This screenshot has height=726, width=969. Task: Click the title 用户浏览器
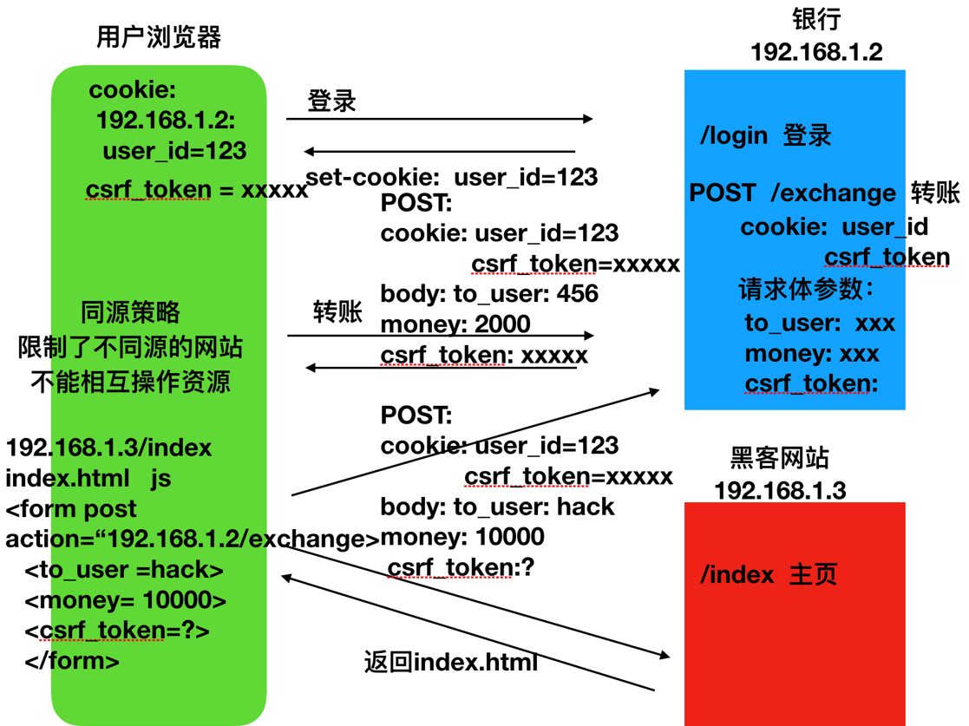[x=159, y=37]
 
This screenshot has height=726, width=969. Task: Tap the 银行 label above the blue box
[x=816, y=19]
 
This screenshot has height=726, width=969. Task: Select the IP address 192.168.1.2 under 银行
[x=816, y=52]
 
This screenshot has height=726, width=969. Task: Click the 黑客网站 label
[x=779, y=458]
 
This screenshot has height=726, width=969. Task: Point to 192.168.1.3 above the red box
[x=779, y=490]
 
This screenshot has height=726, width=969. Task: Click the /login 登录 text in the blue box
[x=765, y=135]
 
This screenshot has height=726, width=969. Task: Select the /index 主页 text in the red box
[x=769, y=574]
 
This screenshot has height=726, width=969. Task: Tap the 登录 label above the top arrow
[x=331, y=101]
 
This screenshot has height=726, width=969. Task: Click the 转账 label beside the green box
[x=337, y=311]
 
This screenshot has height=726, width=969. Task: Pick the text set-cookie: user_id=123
[x=451, y=177]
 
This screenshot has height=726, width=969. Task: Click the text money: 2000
[x=455, y=324]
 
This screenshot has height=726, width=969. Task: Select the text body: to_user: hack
[x=497, y=507]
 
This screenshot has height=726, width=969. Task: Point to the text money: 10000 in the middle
[x=462, y=537]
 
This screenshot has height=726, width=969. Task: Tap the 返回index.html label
[x=450, y=663]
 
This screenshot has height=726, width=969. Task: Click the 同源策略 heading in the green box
[x=130, y=311]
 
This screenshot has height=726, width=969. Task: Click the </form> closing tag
[x=72, y=661]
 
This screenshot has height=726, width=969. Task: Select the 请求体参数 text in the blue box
[x=805, y=289]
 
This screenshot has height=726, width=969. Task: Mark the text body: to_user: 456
[x=489, y=293]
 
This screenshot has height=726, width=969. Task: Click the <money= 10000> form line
[x=126, y=600]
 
